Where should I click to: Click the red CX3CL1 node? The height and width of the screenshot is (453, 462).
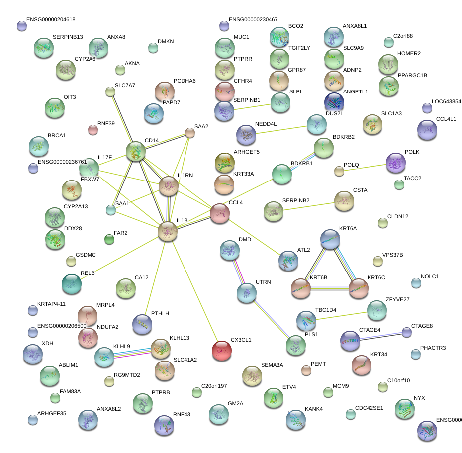(x=222, y=351)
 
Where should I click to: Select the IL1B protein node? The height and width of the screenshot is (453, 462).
(x=168, y=231)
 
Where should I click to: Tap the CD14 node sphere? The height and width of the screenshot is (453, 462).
(x=135, y=151)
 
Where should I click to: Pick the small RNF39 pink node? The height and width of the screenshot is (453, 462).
(x=93, y=130)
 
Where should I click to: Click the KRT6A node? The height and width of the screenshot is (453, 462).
(x=330, y=239)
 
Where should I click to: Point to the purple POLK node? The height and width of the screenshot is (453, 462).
(x=396, y=163)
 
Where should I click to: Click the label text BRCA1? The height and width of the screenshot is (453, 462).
(x=57, y=135)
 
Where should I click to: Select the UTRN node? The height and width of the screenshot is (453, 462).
(x=246, y=293)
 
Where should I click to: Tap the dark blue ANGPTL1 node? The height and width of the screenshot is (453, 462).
(x=334, y=101)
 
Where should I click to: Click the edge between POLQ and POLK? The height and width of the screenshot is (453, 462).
(x=365, y=167)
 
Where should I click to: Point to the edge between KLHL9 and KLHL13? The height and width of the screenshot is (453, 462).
(x=132, y=353)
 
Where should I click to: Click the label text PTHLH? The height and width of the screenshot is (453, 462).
(x=160, y=313)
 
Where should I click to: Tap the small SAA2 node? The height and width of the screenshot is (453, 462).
(x=190, y=133)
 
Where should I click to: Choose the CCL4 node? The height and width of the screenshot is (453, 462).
(x=219, y=213)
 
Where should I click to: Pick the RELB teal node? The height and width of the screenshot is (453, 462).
(x=72, y=283)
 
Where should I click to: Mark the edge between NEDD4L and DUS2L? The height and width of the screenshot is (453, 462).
(x=281, y=130)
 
